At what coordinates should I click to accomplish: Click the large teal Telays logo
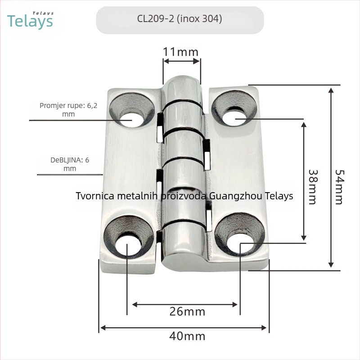(30, 21)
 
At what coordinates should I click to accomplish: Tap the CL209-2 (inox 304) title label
(180, 18)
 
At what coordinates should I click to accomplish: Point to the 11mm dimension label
(180, 52)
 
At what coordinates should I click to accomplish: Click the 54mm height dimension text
(339, 187)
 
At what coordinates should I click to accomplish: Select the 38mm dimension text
(312, 187)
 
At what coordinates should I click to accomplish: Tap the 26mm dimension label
(187, 312)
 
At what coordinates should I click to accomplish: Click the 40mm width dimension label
(187, 336)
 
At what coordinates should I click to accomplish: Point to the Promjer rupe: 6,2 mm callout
(68, 110)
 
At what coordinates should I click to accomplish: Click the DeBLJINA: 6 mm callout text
(70, 164)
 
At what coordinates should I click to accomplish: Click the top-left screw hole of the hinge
(131, 120)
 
